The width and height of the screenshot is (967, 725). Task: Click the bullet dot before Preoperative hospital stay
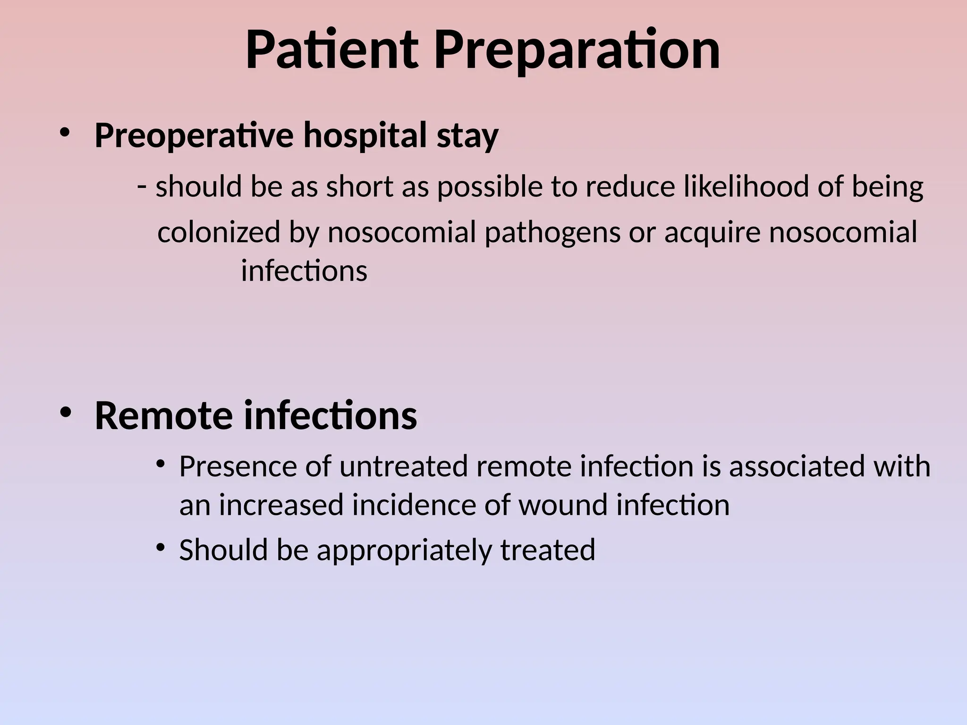pos(65,133)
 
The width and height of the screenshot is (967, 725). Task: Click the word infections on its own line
pos(304,271)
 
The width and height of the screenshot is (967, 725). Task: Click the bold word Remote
pos(163,415)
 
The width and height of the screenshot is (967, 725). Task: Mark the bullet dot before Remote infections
pos(65,412)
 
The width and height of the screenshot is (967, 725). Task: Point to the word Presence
pos(238,466)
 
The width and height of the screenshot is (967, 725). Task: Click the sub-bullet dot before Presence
pos(161,464)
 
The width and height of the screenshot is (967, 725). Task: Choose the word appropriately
pos(404,550)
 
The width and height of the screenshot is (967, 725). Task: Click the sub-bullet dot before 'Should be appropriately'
pos(161,548)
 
